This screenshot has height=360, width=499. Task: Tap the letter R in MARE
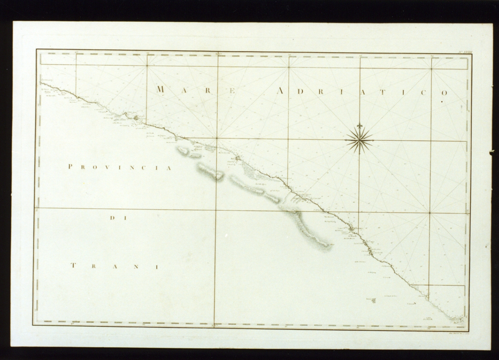pos(208,91)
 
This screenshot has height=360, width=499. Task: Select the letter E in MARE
pos(232,91)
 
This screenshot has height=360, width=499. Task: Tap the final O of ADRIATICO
pos(445,93)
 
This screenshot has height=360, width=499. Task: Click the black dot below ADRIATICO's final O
pos(442,101)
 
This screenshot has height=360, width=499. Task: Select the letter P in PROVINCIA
pos(71,167)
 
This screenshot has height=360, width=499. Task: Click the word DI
pos(114,218)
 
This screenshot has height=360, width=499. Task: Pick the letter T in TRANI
pos(73,266)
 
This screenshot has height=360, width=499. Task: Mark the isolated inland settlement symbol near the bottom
pos(373,300)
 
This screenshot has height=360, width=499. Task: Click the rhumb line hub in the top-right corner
pos(431,69)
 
